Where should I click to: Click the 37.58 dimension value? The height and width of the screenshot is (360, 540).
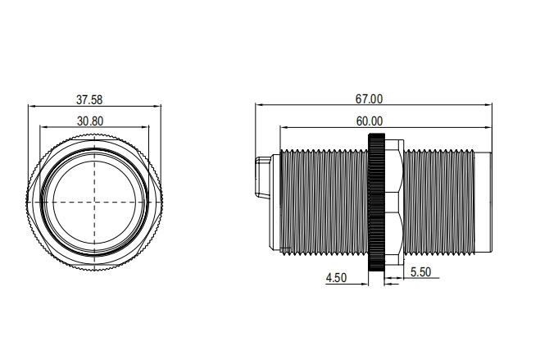(89, 100)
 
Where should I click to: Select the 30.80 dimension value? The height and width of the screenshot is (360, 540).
(90, 121)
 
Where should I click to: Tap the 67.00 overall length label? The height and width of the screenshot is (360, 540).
(369, 99)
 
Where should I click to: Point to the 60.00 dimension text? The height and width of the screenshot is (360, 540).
(370, 121)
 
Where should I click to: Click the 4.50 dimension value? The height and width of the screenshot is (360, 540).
(336, 278)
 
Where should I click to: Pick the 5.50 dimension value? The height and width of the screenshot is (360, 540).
(420, 272)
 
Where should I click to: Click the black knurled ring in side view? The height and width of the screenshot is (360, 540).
(376, 203)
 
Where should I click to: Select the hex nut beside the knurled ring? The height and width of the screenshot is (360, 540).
(394, 203)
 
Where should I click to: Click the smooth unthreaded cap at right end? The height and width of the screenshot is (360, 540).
(483, 203)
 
